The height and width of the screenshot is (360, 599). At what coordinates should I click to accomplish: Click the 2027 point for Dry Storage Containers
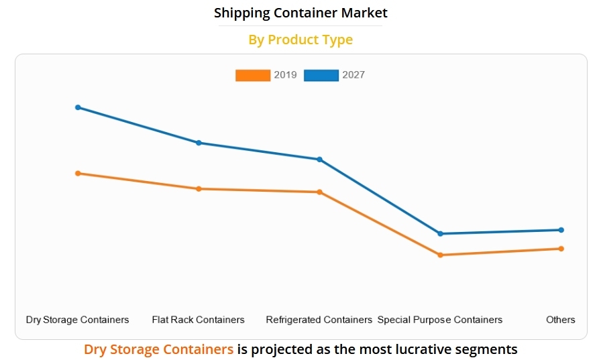[x=78, y=107]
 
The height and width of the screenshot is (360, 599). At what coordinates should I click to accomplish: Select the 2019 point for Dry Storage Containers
[x=78, y=173]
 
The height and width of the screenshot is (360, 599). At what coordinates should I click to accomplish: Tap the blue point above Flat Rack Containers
[x=199, y=143]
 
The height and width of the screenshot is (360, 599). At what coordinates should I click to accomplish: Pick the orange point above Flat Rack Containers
[x=199, y=188]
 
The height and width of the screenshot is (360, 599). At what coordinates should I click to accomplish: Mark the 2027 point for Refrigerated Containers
[x=319, y=160]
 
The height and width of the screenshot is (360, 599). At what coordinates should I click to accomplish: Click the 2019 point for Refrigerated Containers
[x=319, y=192]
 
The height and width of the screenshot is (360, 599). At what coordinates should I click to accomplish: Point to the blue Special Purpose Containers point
[x=440, y=233]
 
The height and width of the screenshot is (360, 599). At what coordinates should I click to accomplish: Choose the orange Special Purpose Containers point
[x=440, y=255]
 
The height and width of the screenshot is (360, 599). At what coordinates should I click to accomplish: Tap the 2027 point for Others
[x=561, y=230]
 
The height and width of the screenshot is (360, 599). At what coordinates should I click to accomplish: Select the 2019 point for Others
[x=561, y=249]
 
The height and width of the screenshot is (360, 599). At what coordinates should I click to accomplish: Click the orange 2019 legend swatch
[x=253, y=75]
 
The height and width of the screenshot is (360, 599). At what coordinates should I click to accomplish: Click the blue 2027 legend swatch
[x=321, y=75]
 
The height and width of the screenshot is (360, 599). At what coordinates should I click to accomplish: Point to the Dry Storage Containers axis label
[x=77, y=320]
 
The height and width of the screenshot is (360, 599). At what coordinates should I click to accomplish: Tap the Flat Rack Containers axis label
[x=199, y=320]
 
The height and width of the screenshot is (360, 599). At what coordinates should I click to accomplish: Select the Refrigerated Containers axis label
[x=319, y=320]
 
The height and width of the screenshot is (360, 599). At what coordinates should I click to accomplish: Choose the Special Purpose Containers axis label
[x=440, y=320]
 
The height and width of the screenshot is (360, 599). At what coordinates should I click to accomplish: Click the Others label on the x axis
[x=561, y=320]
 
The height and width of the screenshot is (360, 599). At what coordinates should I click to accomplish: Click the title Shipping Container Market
[x=301, y=13]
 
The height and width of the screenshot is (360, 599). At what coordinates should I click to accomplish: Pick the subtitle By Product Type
[x=301, y=40]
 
